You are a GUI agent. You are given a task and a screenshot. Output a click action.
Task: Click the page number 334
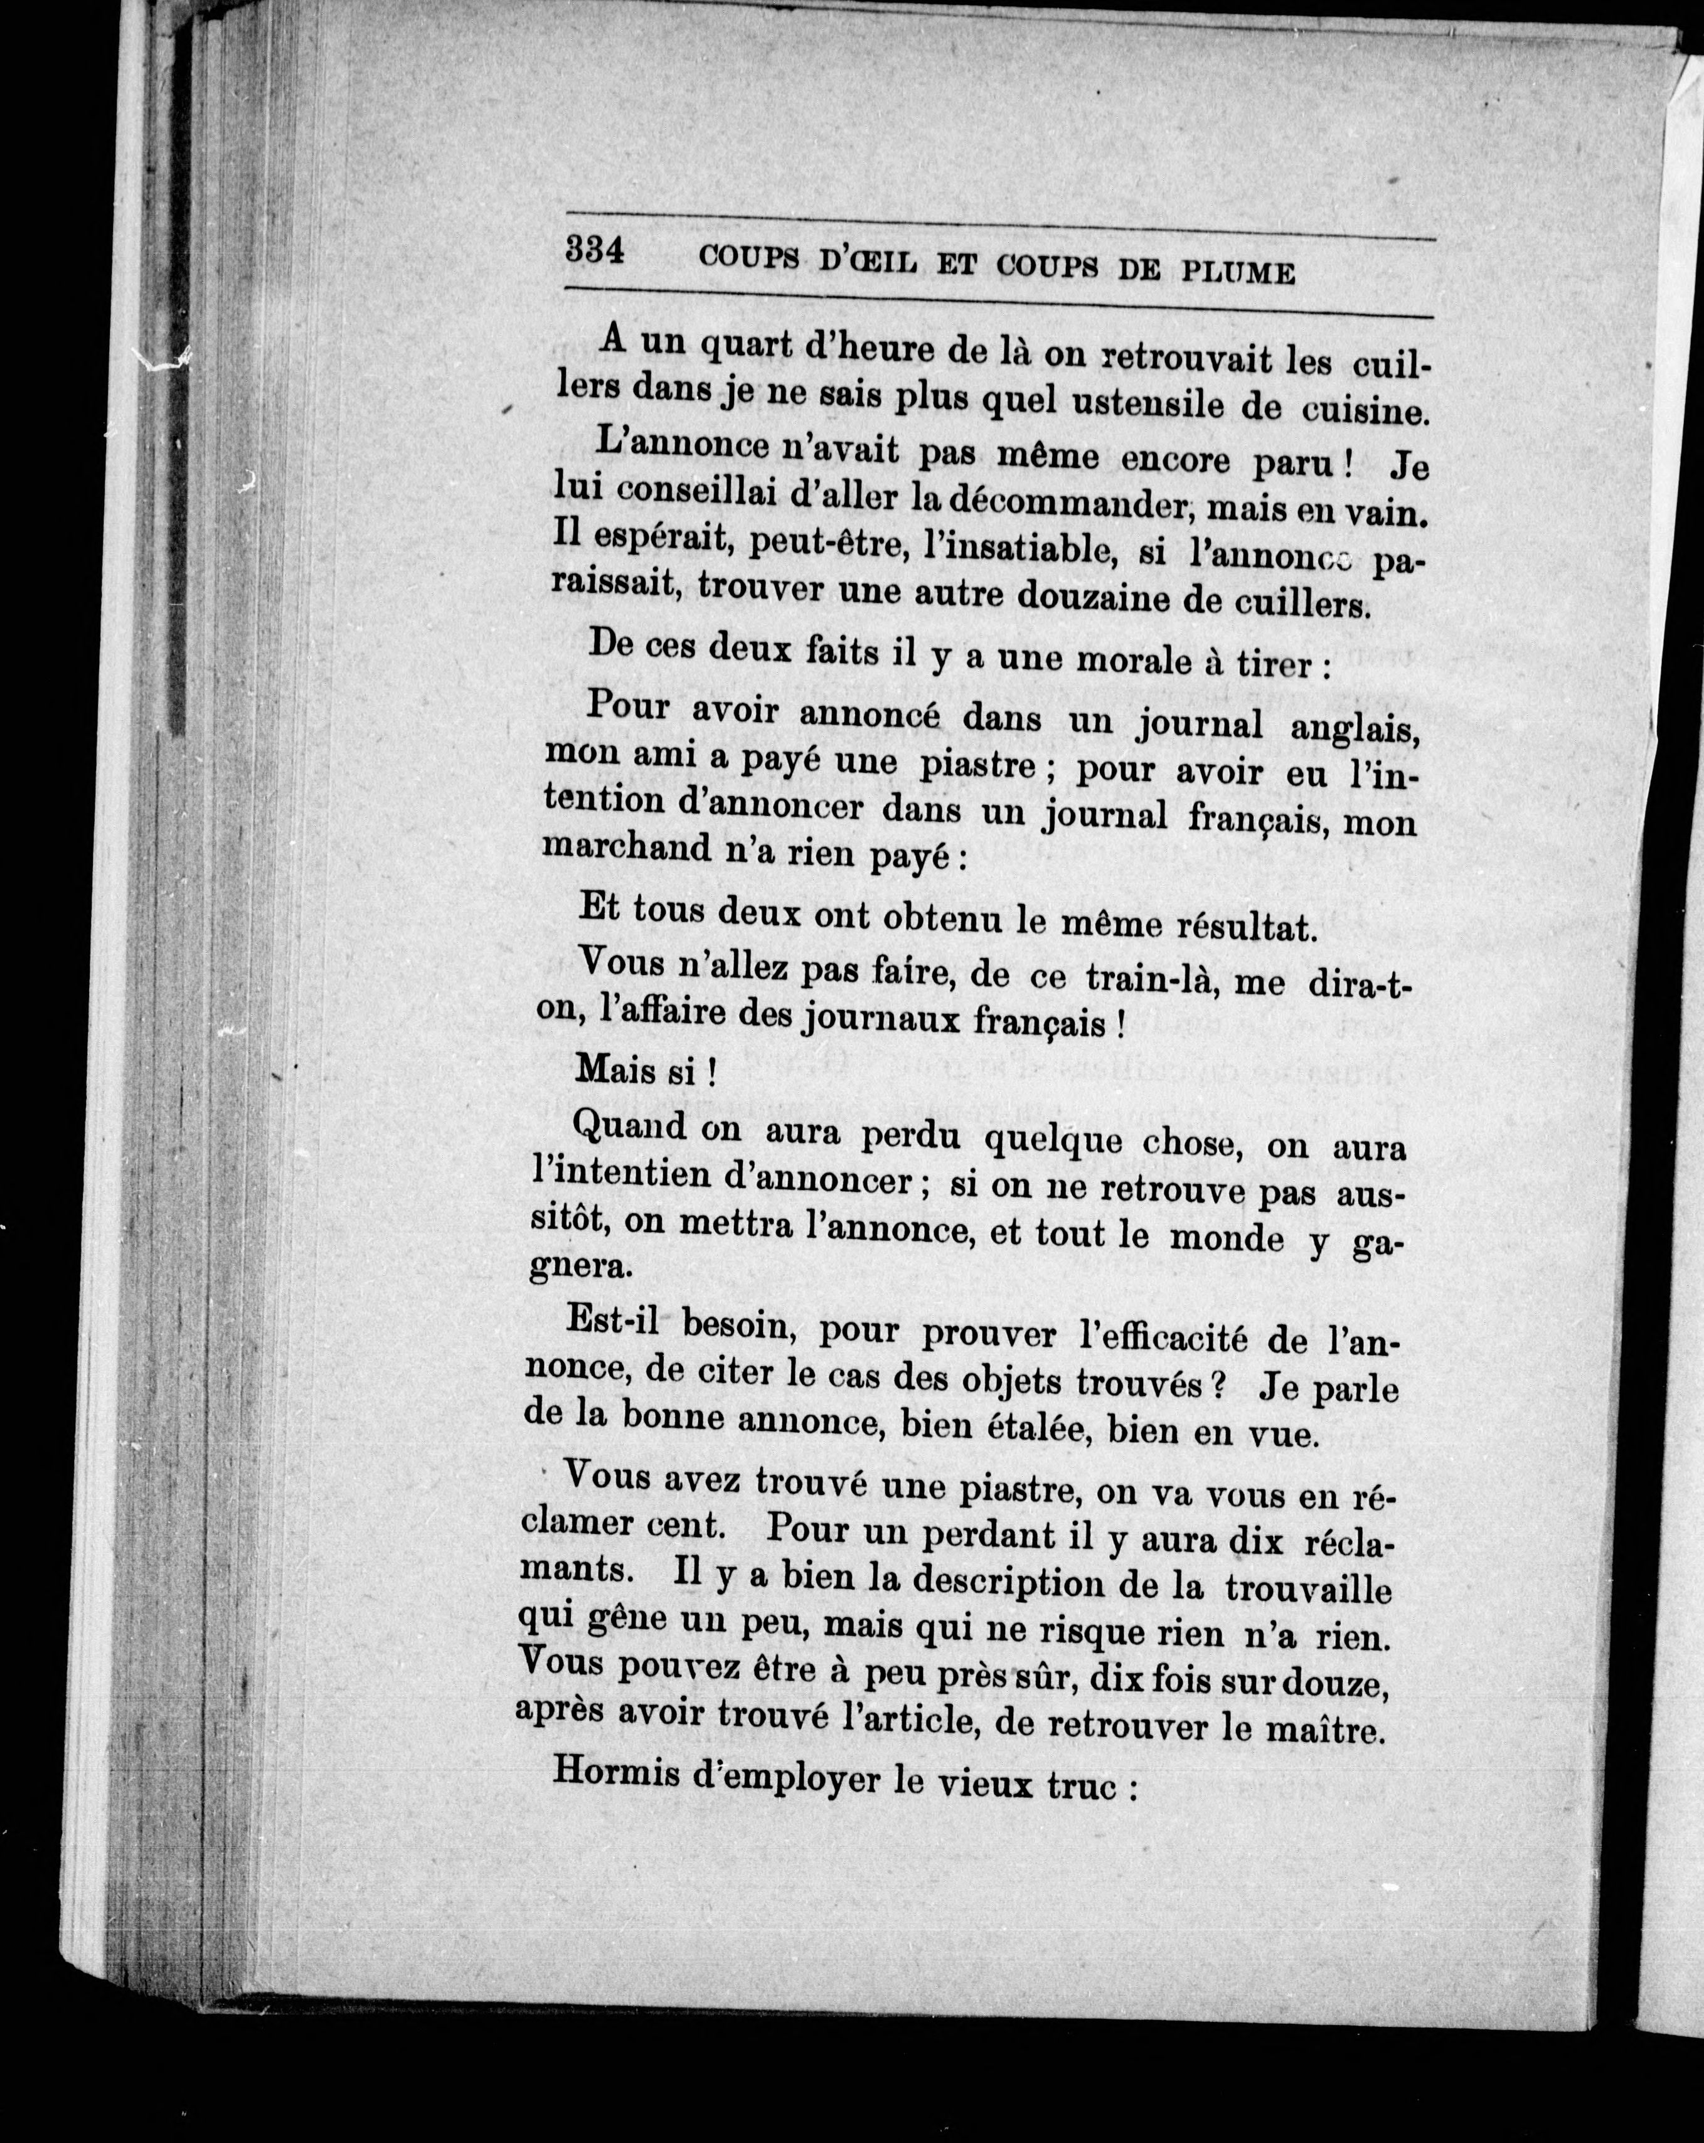click(595, 250)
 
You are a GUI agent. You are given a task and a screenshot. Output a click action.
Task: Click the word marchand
click(614, 848)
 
